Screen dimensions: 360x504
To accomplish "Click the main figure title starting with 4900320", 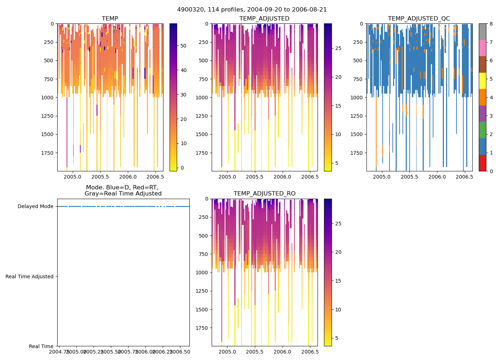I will (x=252, y=10).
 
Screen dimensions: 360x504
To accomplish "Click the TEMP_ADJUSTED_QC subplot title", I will (x=419, y=19).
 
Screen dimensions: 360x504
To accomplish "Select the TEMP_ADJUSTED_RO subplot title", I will (x=265, y=194).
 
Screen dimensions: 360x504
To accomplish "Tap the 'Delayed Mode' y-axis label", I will (x=35, y=206).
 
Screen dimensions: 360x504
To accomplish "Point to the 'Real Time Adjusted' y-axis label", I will (x=30, y=276).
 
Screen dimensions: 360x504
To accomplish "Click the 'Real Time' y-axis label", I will (x=41, y=346).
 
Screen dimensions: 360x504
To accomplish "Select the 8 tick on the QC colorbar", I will (x=491, y=24).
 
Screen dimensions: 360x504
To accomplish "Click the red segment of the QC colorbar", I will (x=482, y=163).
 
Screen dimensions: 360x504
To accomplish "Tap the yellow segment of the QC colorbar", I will (x=482, y=81).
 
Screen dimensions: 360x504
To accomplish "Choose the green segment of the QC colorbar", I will (x=482, y=130).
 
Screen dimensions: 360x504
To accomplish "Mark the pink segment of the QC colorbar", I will (x=482, y=48).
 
